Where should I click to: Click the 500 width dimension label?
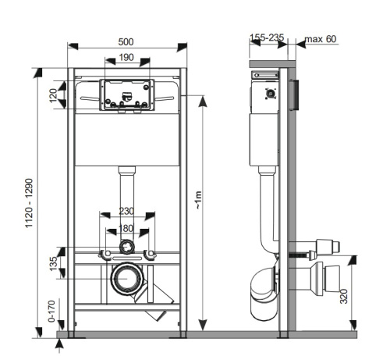(125, 41)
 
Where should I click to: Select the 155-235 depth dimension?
(266, 38)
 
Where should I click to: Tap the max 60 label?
(321, 38)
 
